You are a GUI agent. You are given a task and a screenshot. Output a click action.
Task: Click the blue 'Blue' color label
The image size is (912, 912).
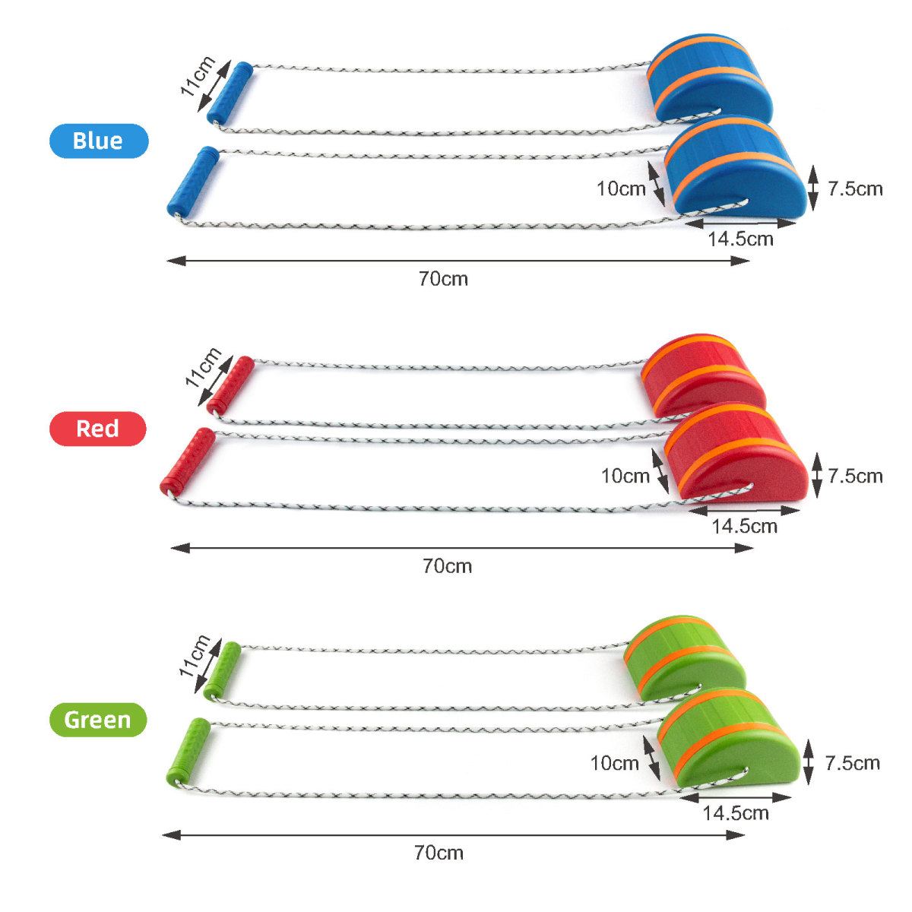[99, 141]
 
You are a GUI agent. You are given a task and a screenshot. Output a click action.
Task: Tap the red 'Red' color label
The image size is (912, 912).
[98, 429]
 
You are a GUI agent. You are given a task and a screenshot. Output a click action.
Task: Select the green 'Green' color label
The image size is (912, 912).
[98, 720]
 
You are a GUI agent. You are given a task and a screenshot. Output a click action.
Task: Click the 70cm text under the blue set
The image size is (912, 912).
[443, 279]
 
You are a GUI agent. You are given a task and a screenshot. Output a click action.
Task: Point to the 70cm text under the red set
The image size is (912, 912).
[447, 566]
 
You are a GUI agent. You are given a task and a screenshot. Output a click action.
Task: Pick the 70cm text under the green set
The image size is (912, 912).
[439, 853]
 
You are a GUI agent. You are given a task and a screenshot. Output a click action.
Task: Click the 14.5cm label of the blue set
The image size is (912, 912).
[741, 239]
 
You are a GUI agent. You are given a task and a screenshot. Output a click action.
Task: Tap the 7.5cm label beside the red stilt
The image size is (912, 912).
[855, 476]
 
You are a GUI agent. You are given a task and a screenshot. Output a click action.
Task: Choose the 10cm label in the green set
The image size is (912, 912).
[614, 763]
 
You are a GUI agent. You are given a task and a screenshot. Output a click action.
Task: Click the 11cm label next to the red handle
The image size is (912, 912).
[203, 367]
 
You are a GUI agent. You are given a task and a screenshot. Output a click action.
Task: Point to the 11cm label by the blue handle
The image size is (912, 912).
[198, 76]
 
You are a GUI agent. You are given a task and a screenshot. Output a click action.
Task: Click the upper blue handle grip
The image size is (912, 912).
[230, 93]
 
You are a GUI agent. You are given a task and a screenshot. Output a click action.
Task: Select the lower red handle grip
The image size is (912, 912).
[188, 461]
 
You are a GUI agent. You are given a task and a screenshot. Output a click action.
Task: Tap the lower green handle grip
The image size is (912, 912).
[188, 752]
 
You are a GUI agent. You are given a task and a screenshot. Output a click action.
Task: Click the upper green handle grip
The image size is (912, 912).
[223, 670]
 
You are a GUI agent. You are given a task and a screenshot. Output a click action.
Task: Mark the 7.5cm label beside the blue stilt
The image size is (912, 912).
[855, 188]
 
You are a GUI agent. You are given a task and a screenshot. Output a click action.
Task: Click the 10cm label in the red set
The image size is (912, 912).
[625, 476]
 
